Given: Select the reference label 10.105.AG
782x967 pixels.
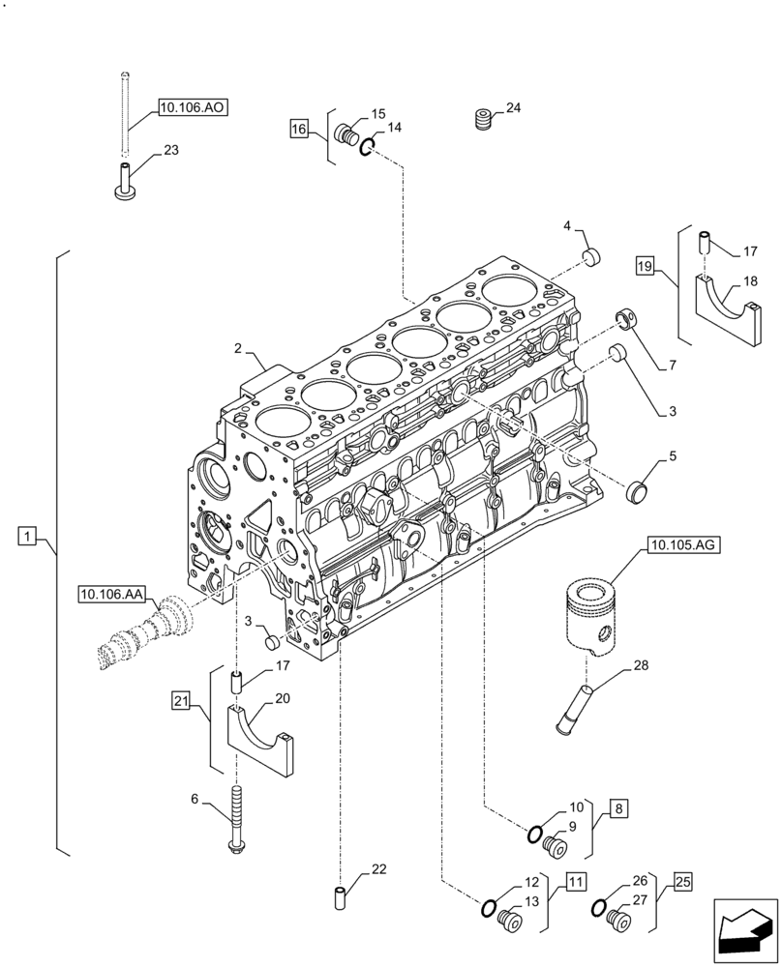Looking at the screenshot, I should (x=683, y=546).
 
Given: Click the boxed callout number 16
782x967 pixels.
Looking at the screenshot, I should (x=298, y=128).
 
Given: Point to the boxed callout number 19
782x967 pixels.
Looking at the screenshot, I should (x=647, y=264).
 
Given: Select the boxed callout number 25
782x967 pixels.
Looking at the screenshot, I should (x=683, y=882).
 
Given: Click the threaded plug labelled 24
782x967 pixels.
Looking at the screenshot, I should (x=483, y=121).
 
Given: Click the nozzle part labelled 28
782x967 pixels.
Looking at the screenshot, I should (x=571, y=710).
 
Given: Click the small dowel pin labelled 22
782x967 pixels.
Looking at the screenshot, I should (x=340, y=896).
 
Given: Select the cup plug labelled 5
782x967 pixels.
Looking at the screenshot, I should (x=638, y=491).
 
